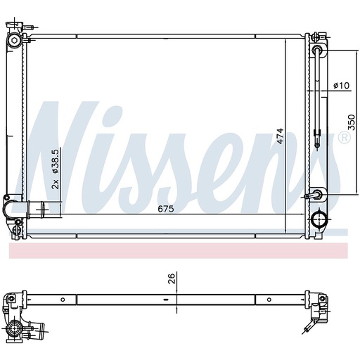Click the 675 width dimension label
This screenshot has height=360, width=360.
[x=166, y=209]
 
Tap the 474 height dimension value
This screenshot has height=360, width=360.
[x=280, y=136]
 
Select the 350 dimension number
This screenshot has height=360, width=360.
[x=352, y=122]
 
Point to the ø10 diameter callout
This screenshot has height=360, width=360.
[x=341, y=86]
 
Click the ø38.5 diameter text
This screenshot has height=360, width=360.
[x=56, y=162]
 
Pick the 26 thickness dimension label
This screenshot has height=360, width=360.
[x=172, y=278]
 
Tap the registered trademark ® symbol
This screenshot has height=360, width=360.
[x=345, y=138]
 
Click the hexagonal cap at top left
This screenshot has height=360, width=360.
[x=15, y=40]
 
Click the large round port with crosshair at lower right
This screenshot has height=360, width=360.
[x=319, y=219]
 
